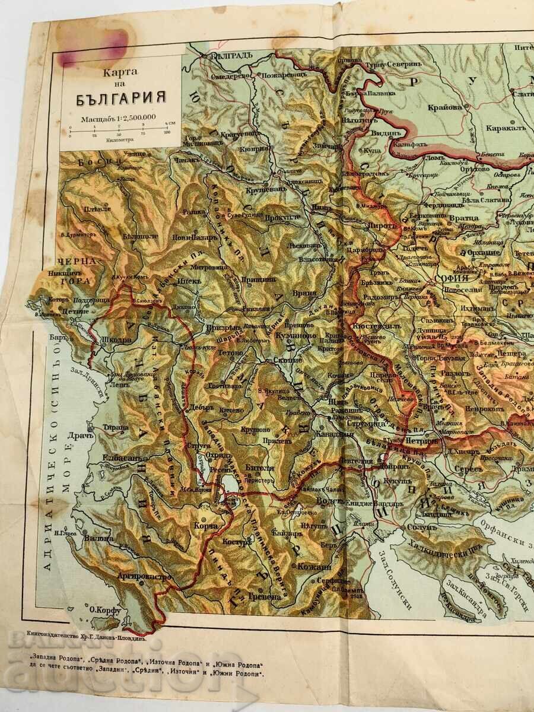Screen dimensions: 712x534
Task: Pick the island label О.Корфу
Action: click(106, 609)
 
